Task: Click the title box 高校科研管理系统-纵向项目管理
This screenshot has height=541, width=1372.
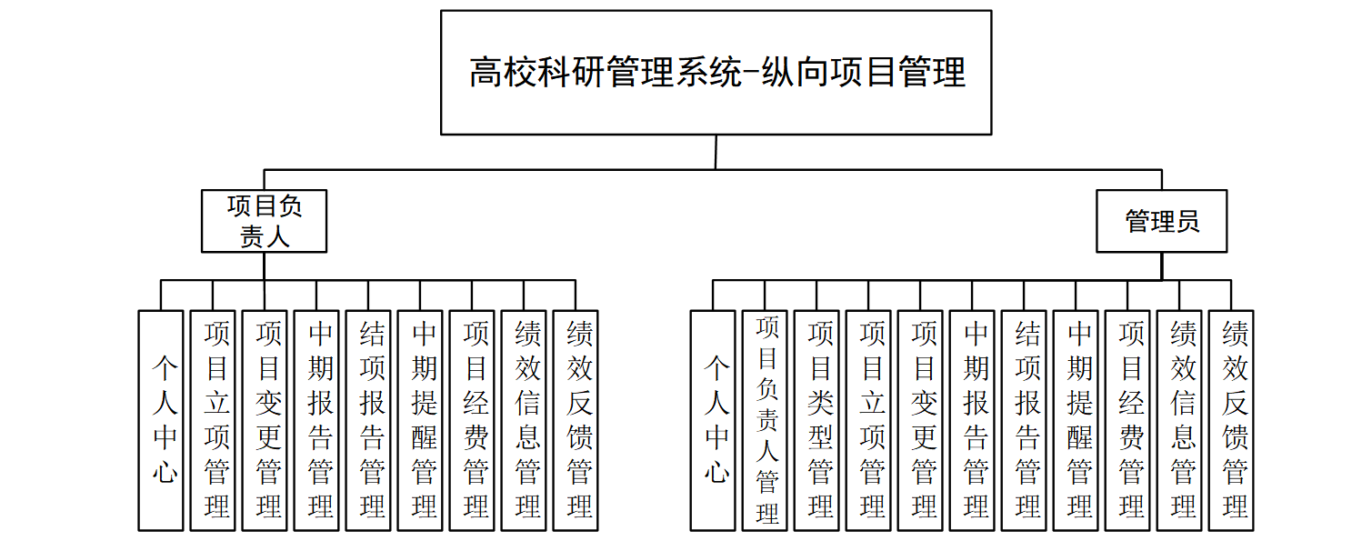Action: click(716, 73)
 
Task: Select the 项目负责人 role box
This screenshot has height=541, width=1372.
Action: click(264, 221)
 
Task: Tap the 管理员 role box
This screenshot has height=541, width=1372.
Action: click(1161, 221)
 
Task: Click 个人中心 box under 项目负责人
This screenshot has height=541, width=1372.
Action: click(161, 420)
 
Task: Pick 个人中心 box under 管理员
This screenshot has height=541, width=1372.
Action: click(713, 420)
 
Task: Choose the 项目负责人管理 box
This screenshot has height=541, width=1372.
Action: click(765, 420)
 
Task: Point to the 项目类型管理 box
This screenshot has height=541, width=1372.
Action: click(816, 420)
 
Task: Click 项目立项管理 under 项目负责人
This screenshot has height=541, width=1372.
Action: click(213, 420)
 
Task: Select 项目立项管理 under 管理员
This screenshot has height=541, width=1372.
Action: click(868, 420)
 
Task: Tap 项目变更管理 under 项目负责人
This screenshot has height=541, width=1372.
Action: click(265, 420)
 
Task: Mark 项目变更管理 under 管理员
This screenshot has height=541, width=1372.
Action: click(920, 420)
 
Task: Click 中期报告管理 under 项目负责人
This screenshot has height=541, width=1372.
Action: click(316, 420)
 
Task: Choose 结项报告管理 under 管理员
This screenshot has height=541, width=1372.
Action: click(1024, 420)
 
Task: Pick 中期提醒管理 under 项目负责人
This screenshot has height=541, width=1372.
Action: click(420, 420)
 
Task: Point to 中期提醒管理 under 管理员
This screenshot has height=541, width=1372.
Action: click(1076, 420)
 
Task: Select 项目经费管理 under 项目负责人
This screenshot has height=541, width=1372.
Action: click(472, 420)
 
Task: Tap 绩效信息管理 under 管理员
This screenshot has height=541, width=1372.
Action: click(1179, 420)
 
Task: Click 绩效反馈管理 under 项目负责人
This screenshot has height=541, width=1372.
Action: click(576, 420)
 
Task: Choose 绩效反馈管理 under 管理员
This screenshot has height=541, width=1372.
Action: click(1231, 420)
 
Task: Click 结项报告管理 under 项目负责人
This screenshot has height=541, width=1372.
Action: click(368, 420)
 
